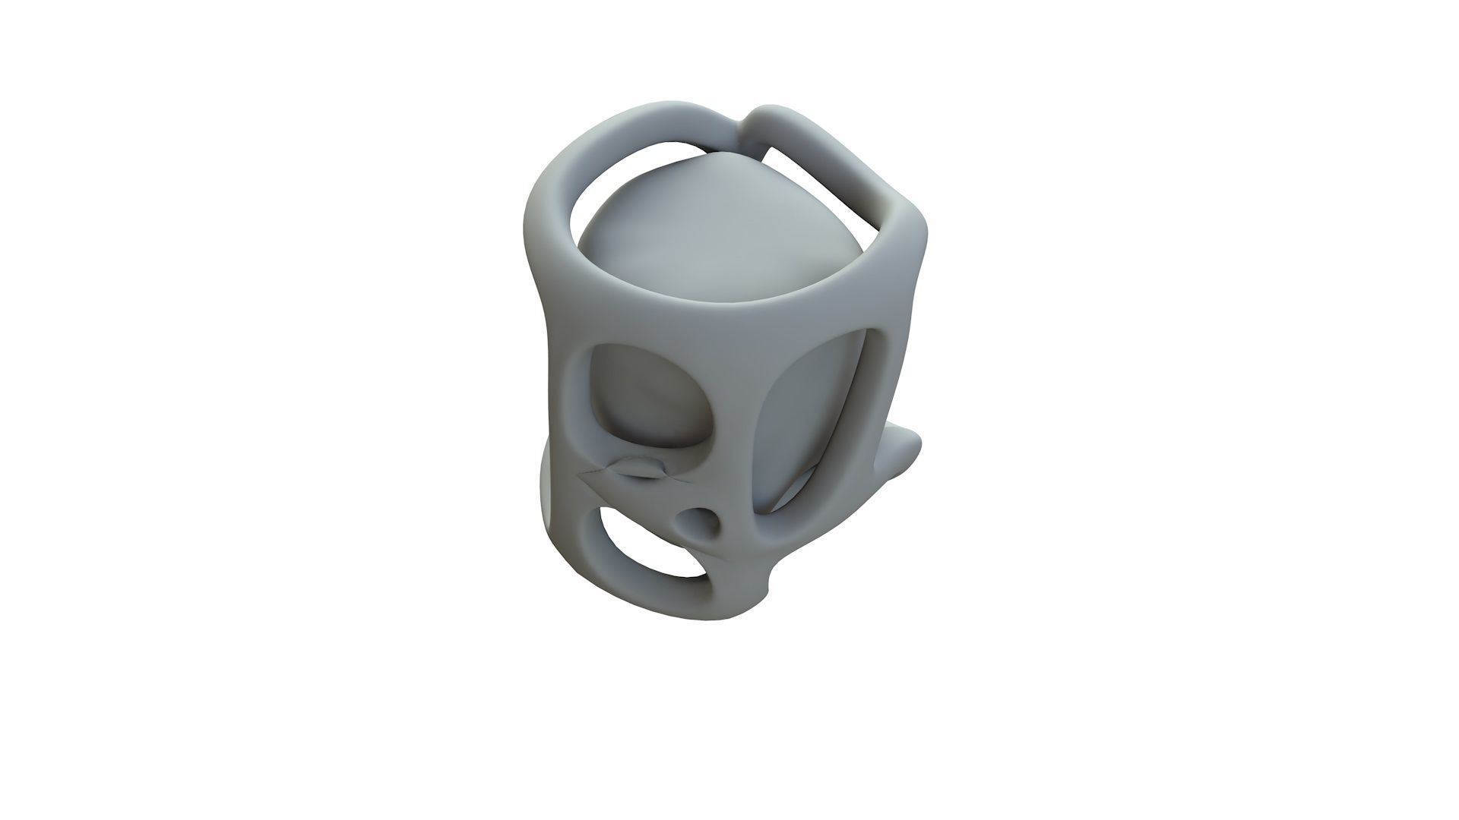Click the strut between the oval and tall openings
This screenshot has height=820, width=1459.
click(741, 410)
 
